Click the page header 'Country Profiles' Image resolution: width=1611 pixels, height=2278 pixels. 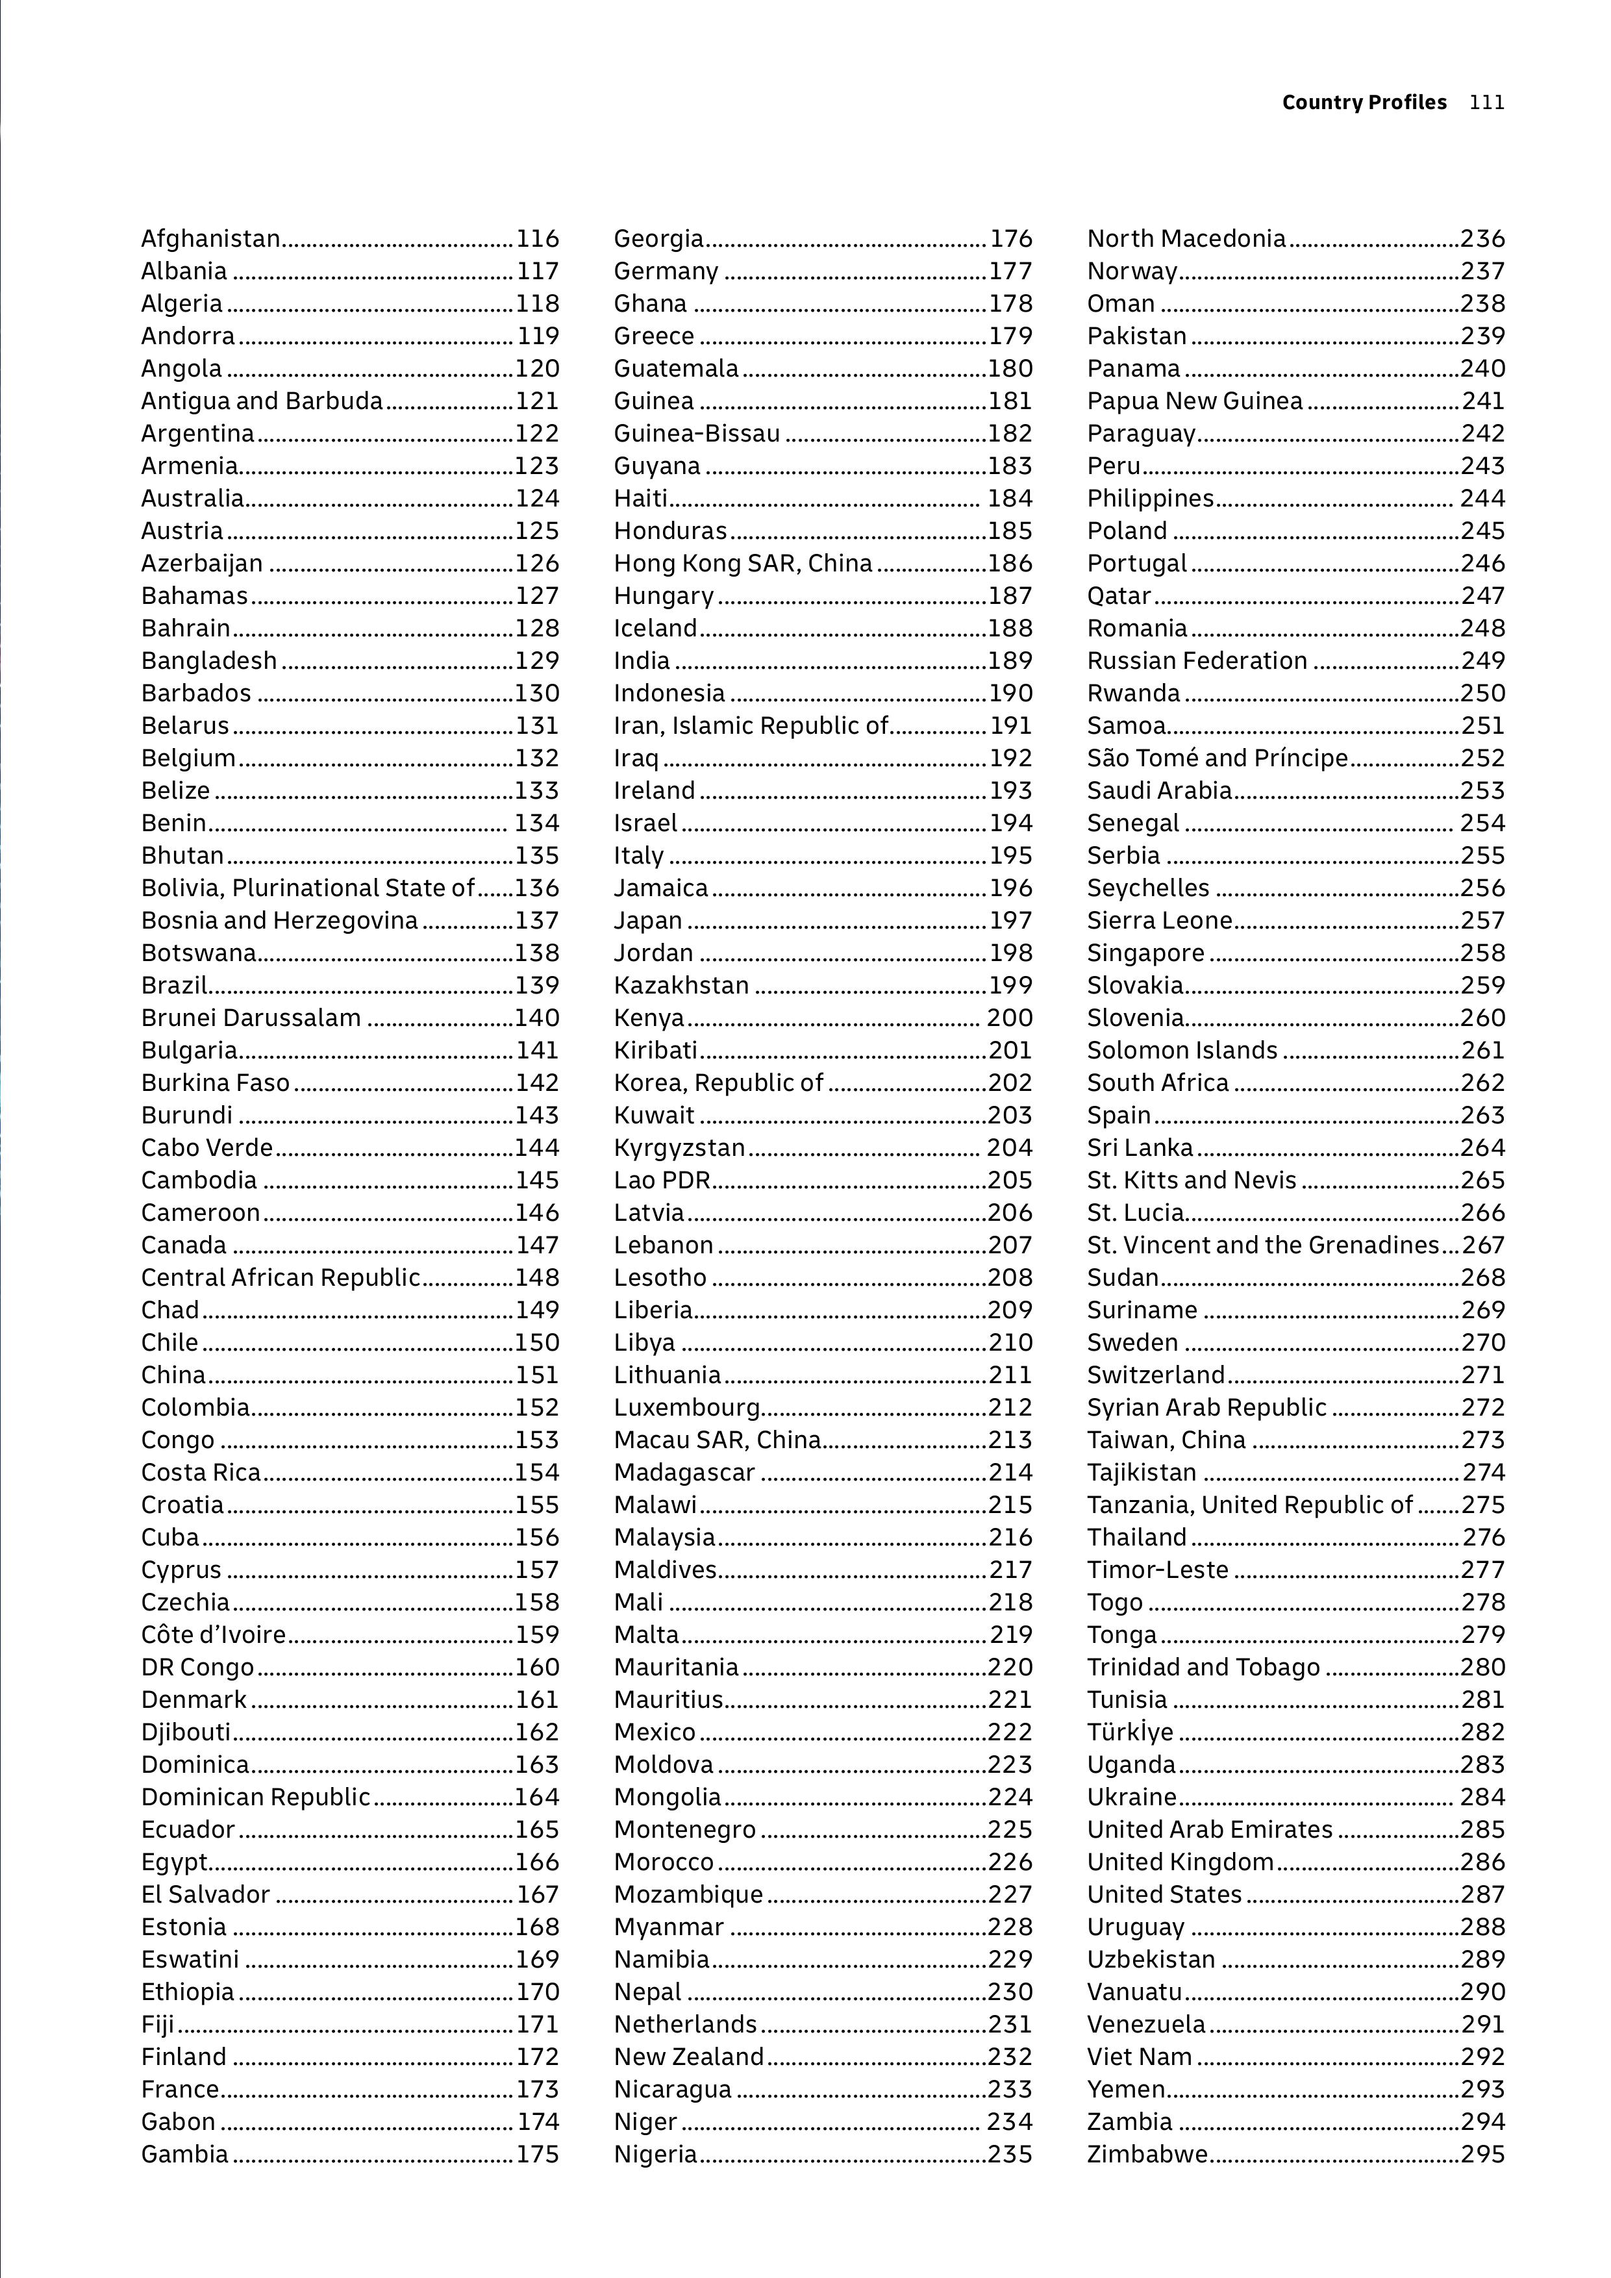1364,102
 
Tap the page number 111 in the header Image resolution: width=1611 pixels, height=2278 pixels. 1487,102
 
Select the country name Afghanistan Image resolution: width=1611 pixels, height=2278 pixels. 210,239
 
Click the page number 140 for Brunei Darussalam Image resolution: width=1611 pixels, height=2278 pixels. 536,1018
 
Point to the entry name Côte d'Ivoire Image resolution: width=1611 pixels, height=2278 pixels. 213,1635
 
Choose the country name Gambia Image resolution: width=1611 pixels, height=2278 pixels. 184,2155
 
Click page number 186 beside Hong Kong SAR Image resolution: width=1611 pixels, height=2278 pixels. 1010,564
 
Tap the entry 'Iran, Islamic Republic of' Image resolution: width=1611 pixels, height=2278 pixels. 751,726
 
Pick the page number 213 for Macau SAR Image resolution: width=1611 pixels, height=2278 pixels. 1010,1440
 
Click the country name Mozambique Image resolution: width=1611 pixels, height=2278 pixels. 688,1895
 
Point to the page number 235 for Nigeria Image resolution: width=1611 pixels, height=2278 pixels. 1010,2155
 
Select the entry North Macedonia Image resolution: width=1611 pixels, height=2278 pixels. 1186,239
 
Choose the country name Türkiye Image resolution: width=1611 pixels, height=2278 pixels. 1130,1733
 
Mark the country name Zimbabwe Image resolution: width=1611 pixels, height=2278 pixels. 1147,2155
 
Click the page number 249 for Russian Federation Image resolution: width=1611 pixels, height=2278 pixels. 1483,661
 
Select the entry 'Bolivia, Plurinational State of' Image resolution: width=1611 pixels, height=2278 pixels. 308,888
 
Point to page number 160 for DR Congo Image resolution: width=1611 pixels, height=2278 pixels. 536,1668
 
